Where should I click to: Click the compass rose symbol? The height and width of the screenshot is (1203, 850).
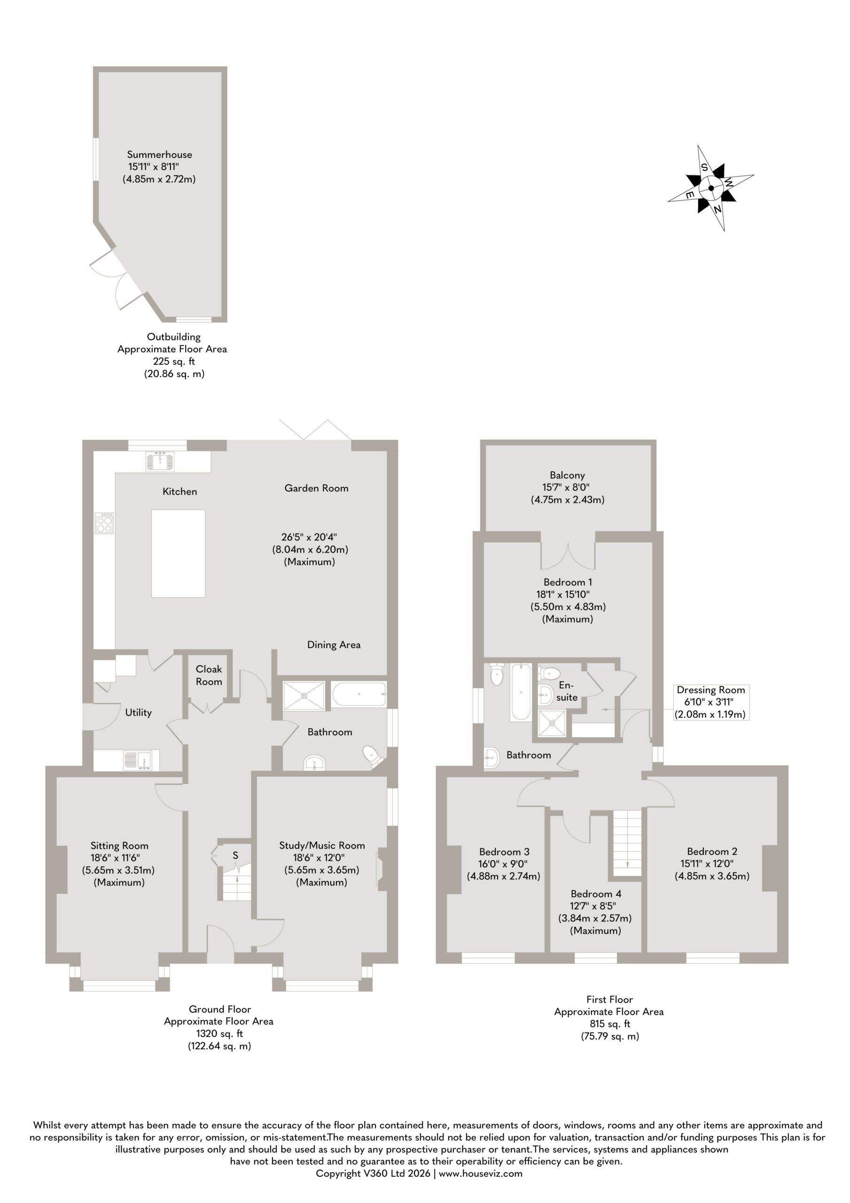[x=710, y=188]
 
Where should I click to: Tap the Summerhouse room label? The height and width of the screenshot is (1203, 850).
[x=159, y=155]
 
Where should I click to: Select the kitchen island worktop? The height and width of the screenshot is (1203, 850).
[x=178, y=553]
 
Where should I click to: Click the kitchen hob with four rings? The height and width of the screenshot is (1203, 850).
[x=104, y=523]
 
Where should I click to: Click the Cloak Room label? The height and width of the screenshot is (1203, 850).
[x=209, y=675]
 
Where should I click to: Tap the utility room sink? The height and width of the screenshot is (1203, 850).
[x=137, y=760]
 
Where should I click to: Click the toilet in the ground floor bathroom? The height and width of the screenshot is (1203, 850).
[x=374, y=757]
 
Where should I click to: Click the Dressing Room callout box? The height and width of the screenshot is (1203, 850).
[x=710, y=702]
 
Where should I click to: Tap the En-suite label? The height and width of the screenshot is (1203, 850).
[x=567, y=691]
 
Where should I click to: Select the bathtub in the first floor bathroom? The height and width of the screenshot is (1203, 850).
[x=520, y=692]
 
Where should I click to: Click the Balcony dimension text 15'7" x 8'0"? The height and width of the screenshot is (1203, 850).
[x=566, y=487]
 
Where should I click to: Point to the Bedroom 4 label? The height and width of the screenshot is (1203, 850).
[x=596, y=894]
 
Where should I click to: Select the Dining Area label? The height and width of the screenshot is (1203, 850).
[x=334, y=645]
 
